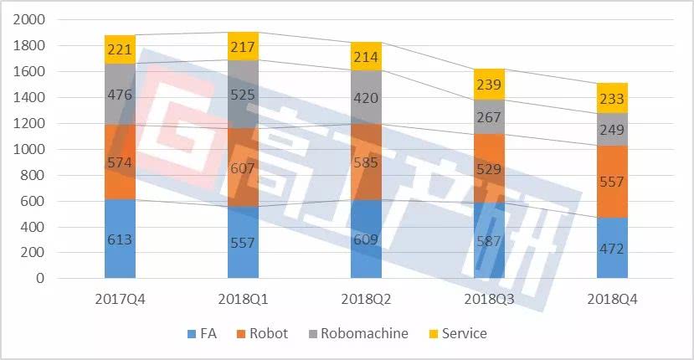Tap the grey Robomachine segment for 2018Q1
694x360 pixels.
(243, 94)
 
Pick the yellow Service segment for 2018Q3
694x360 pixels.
(489, 84)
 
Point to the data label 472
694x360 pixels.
(612, 249)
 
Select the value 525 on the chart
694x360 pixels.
(243, 95)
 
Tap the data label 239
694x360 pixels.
(489, 84)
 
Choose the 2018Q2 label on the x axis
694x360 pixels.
(366, 299)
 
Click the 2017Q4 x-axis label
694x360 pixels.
(121, 299)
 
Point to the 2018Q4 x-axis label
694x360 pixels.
(612, 299)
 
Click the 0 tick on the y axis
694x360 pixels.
(39, 279)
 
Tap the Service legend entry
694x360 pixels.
(456, 333)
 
